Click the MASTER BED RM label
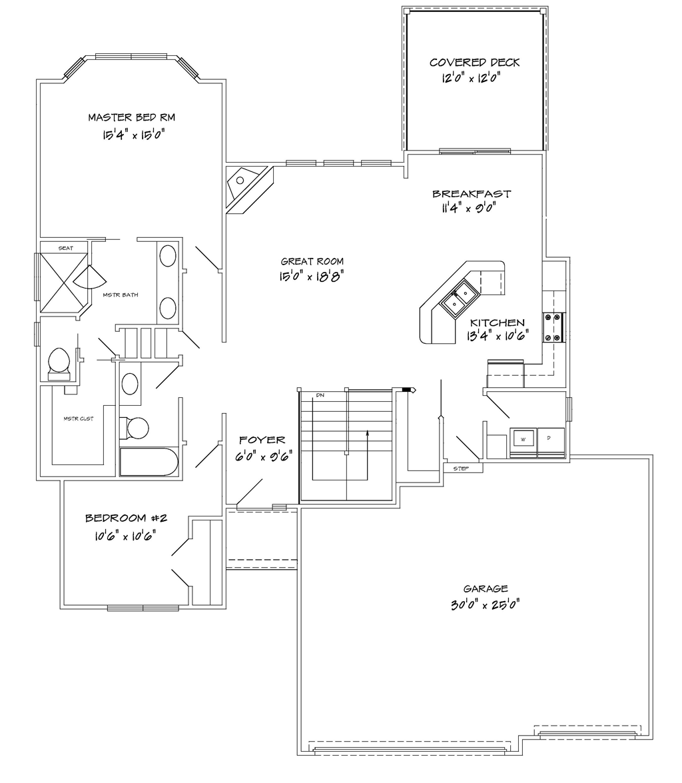coord(132,117)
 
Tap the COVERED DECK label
coord(474,63)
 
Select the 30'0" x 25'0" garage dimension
coord(486,604)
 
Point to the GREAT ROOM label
coord(312,261)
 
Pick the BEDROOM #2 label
coord(126,518)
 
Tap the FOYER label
coord(262,440)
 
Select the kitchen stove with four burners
coord(553,327)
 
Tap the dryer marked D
coord(551,439)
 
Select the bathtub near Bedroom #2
coord(149,462)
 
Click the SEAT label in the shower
coord(66,248)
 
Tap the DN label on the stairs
coord(320,395)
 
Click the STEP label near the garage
coord(461,468)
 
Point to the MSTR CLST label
coord(79,418)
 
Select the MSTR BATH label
coord(121,295)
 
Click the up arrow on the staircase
coord(367,455)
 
